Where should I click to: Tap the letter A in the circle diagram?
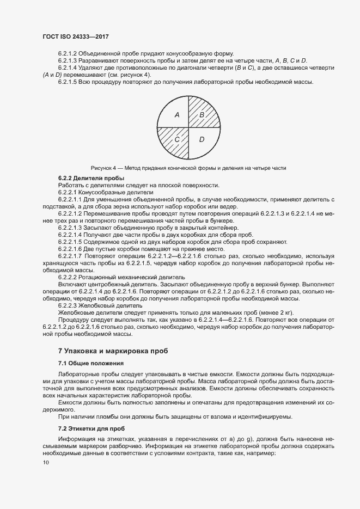tap(176, 115)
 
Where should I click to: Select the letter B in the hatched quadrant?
tap(201, 115)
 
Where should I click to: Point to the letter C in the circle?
tap(176, 140)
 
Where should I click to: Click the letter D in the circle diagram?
tap(201, 140)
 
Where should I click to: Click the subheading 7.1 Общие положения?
tap(91, 363)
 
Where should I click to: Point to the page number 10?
tap(46, 463)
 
